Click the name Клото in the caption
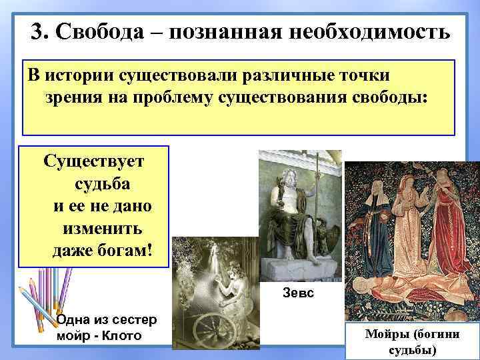point(123,335)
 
